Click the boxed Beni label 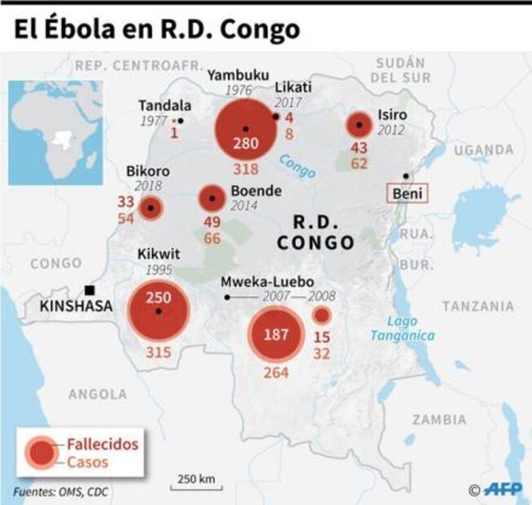(x=406, y=194)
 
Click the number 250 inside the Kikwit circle (x=158, y=298)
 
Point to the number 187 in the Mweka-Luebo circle (x=276, y=336)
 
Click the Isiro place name (x=392, y=114)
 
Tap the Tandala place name (x=165, y=106)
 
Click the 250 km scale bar (x=196, y=482)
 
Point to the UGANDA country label (x=485, y=150)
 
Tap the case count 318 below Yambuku (x=245, y=169)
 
